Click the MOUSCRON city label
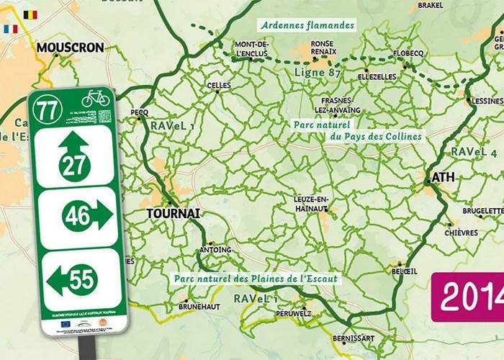click(x=70, y=48)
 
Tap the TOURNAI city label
click(x=172, y=214)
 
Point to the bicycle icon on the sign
click(x=95, y=98)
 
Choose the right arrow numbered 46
click(x=86, y=215)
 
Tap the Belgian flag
click(x=30, y=14)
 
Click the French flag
click(x=10, y=30)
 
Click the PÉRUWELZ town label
click(x=293, y=314)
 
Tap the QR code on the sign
click(x=105, y=116)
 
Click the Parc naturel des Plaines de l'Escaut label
click(x=255, y=278)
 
